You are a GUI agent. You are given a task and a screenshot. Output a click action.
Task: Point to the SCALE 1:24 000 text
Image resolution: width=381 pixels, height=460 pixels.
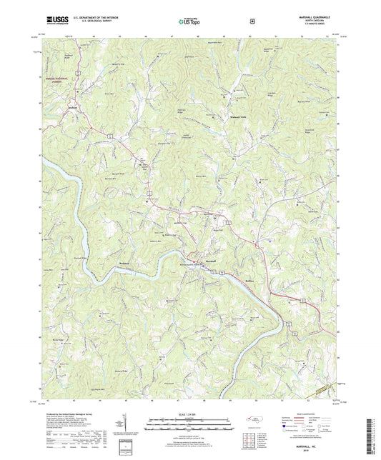189,414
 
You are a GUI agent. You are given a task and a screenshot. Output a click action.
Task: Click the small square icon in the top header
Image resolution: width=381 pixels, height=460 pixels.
252,21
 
